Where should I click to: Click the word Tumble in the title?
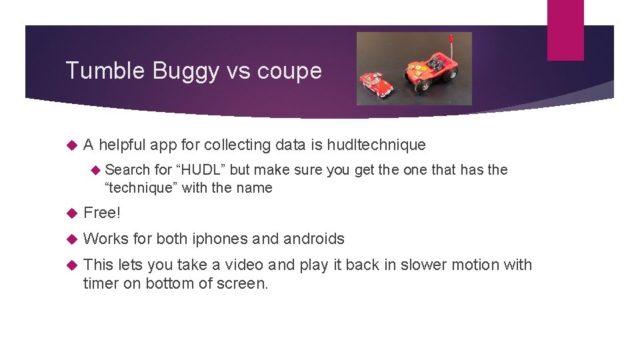click(97, 71)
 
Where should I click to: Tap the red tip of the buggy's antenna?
click(451, 38)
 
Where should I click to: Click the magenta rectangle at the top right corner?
click(565, 30)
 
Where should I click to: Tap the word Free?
click(102, 213)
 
